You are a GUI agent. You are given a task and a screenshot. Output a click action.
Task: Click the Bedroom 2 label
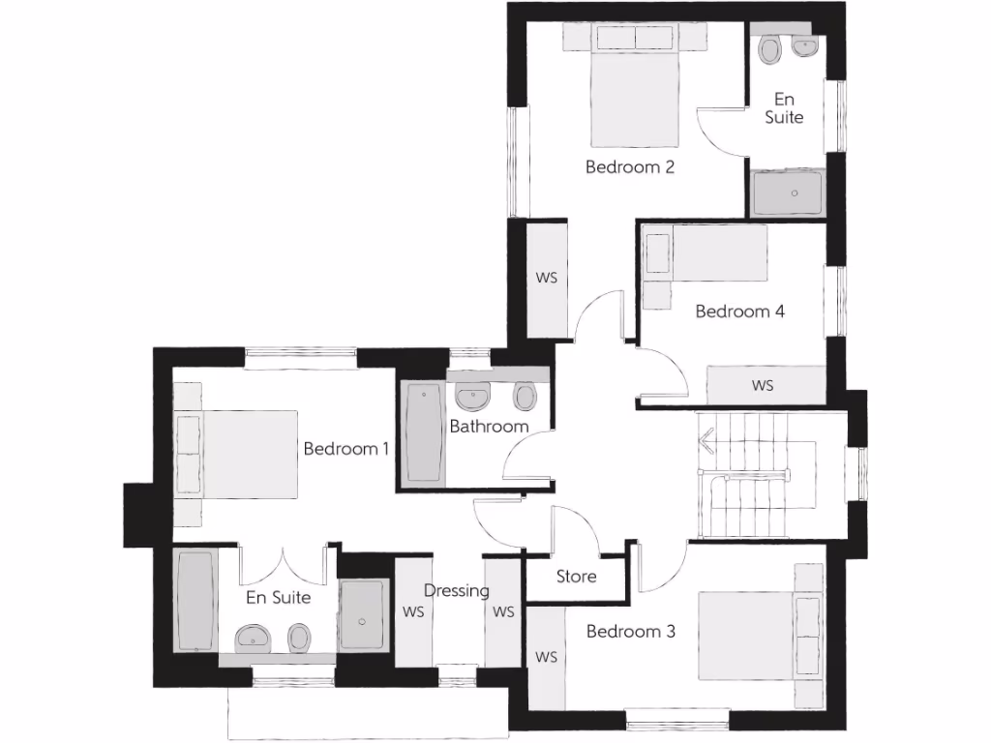click(629, 167)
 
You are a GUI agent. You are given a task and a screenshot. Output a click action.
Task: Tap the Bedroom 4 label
click(739, 312)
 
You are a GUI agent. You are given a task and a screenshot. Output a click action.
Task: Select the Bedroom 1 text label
click(346, 449)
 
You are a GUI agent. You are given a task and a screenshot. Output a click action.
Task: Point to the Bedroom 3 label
click(630, 632)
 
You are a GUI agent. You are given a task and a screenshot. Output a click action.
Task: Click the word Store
click(576, 577)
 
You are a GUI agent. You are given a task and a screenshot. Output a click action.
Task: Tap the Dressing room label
click(457, 591)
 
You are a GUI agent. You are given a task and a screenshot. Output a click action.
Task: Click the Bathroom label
click(489, 426)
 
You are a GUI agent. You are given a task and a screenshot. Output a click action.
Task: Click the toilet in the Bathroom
click(526, 397)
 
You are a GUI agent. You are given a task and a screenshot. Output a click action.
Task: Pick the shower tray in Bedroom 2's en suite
click(788, 193)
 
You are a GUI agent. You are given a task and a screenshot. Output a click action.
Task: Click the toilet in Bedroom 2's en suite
click(771, 49)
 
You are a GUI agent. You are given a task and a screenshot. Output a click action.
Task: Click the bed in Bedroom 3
click(750, 635)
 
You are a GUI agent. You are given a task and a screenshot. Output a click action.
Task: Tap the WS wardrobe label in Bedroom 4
click(763, 386)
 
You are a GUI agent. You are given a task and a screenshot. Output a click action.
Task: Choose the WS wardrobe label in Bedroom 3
click(547, 658)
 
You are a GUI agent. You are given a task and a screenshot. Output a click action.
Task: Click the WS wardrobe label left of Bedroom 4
click(547, 278)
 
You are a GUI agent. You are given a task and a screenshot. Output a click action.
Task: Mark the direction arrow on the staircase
click(707, 444)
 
